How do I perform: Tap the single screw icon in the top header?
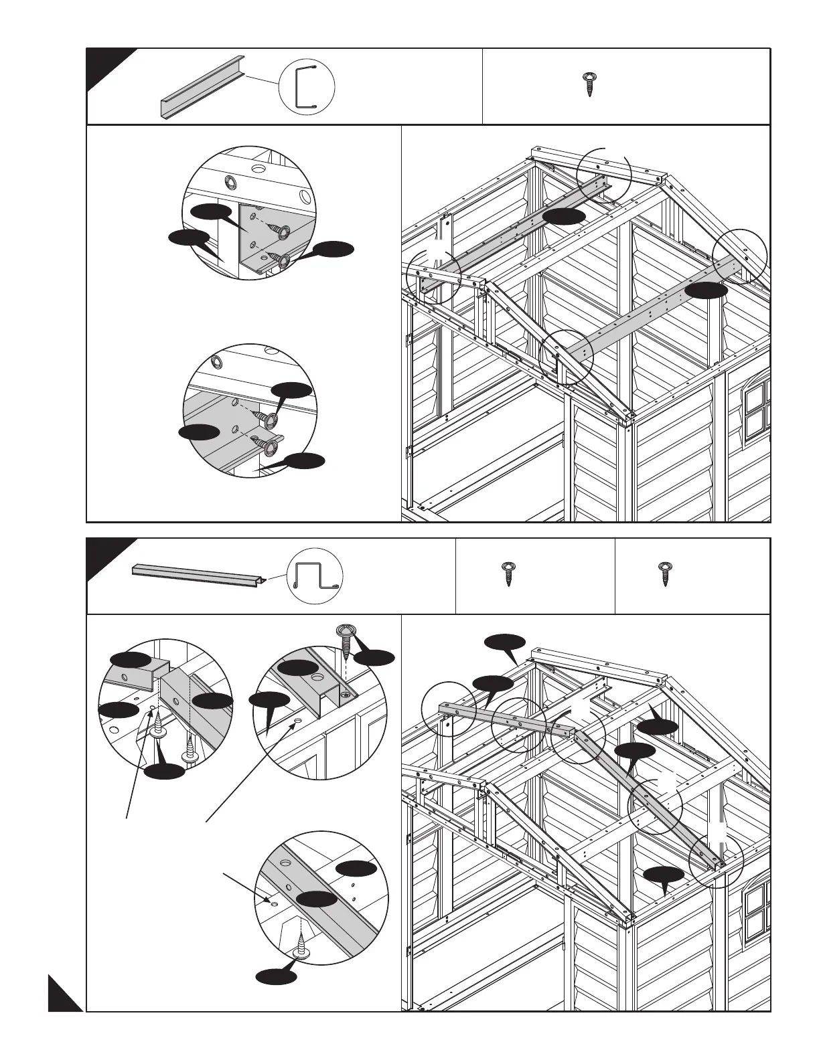coord(589,84)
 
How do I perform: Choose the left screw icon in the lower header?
coord(508,575)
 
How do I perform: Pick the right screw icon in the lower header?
coord(665,575)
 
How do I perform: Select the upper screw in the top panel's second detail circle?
coord(268,419)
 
